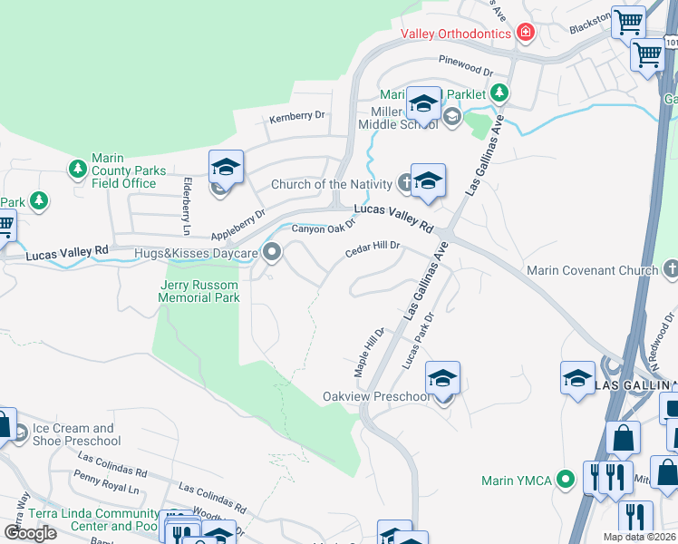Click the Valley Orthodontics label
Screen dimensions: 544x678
tap(455, 34)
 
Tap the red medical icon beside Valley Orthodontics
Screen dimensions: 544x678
tap(524, 34)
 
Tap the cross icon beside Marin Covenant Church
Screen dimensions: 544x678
tap(670, 269)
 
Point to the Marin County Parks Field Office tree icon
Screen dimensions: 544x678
tap(78, 169)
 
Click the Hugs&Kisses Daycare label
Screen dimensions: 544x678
tap(196, 253)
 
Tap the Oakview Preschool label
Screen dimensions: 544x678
tap(377, 397)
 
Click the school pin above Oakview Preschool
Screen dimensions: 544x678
tap(442, 378)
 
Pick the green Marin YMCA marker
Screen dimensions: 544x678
tap(567, 479)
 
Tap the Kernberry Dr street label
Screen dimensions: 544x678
tap(296, 117)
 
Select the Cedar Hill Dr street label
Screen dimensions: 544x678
tap(372, 250)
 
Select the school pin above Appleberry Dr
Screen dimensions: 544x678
tap(226, 167)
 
